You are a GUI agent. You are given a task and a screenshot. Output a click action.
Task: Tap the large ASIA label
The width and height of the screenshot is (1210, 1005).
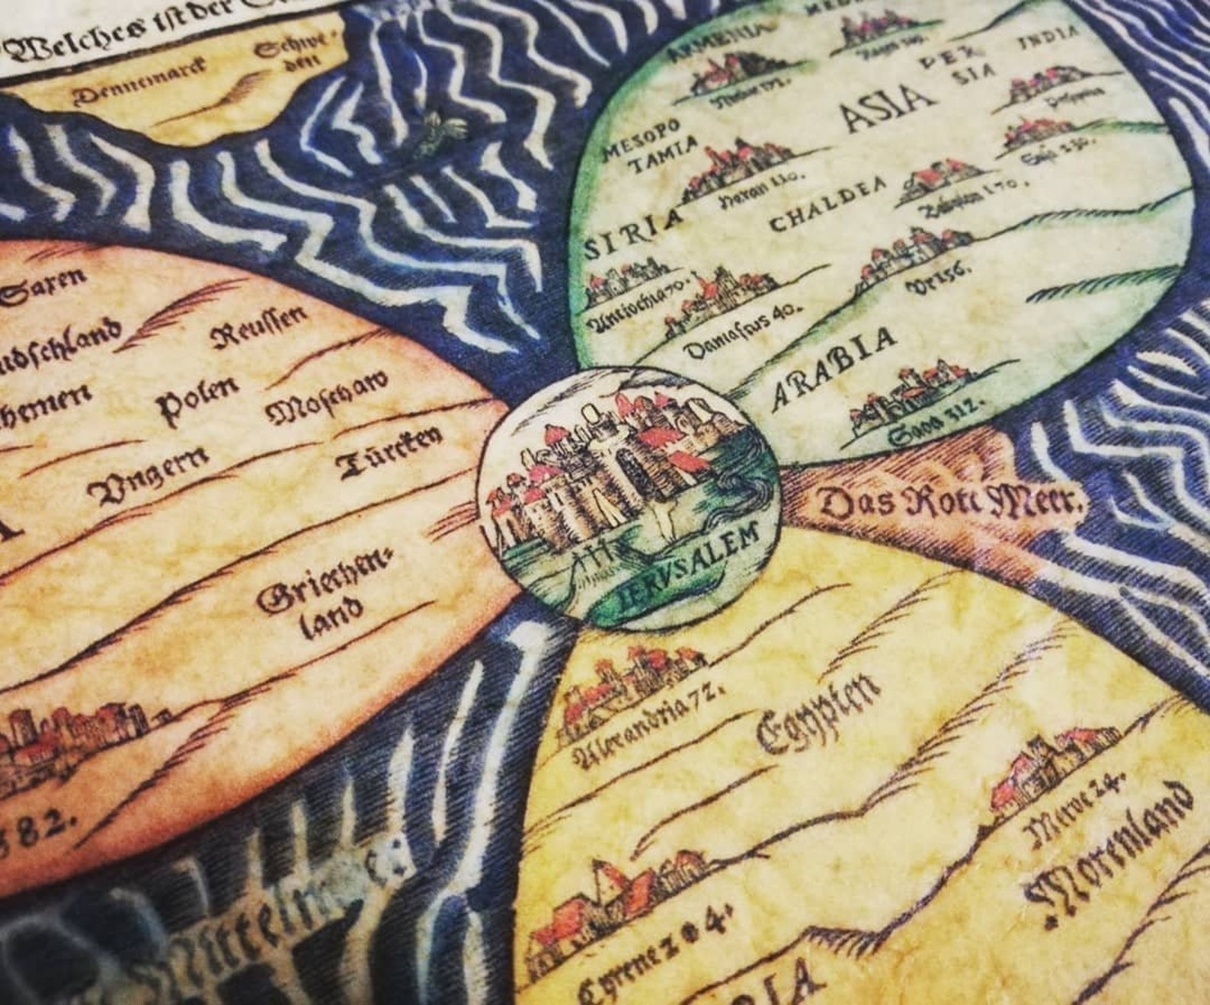coord(886,110)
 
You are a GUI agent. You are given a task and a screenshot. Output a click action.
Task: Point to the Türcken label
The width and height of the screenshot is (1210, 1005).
coord(390,453)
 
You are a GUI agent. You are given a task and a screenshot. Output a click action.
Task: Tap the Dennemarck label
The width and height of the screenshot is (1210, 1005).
coord(140,81)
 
